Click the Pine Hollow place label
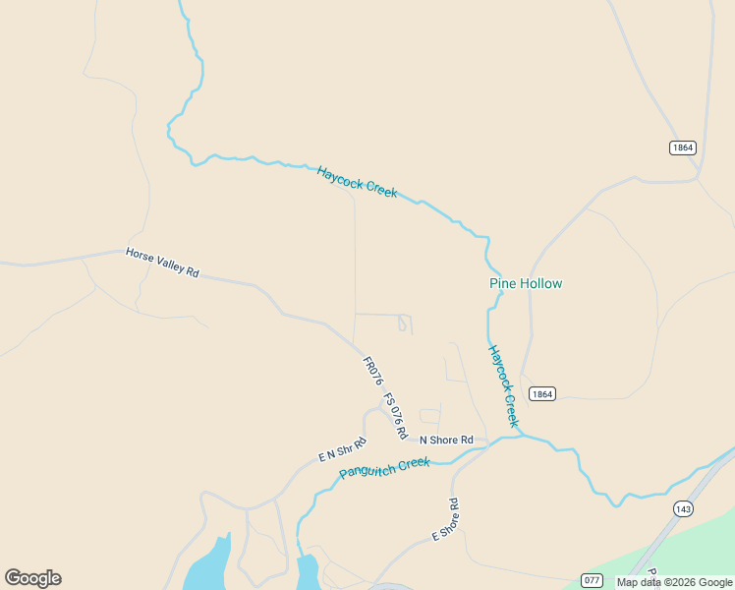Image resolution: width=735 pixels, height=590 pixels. pos(526,283)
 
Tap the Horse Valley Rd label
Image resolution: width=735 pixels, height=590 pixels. pos(162,262)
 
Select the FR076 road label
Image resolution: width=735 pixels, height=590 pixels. pos(371,371)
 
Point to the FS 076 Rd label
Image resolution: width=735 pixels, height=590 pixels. pos(394,415)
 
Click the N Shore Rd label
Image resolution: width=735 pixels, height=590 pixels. pos(446,440)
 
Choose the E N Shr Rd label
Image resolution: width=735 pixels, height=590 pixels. pos(342,449)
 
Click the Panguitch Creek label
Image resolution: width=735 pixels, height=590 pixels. pos(384,467)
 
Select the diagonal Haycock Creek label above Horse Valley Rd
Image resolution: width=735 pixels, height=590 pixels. pos(357,181)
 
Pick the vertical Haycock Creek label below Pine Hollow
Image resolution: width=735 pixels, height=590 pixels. pos(502,384)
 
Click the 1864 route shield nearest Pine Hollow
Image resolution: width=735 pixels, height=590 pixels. pos(541,393)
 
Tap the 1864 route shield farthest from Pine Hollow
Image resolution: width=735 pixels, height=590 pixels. pos(683,147)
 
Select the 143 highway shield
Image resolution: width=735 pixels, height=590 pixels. pos(683,508)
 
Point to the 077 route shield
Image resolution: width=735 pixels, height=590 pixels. pos(592,580)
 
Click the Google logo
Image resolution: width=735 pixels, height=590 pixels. pos(32,578)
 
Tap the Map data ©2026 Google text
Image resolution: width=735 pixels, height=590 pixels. pos(675,582)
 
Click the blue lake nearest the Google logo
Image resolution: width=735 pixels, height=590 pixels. pos(208,564)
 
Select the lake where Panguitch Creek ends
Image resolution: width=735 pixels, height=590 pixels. pos(308,570)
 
